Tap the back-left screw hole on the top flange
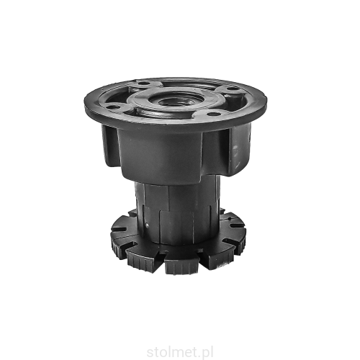144,84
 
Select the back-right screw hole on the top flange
231,89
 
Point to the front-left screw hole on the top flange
111,106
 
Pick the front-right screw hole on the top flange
212,114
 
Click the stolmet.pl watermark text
180,353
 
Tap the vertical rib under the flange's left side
110,145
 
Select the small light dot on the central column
147,225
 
